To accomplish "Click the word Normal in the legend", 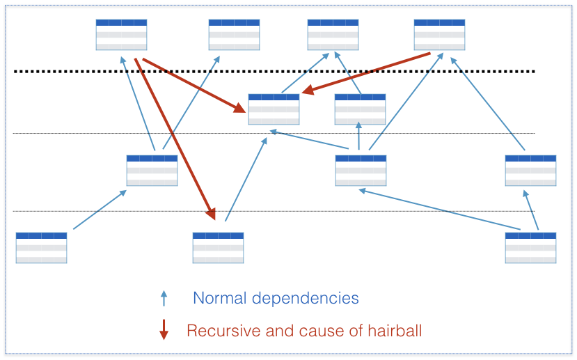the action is click(x=219, y=298).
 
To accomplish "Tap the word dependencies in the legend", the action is click(x=305, y=299).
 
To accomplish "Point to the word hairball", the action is click(x=395, y=331).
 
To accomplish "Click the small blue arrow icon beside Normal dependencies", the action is click(x=164, y=298).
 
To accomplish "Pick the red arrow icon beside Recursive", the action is click(x=164, y=329).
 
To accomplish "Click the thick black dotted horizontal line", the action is click(x=274, y=72).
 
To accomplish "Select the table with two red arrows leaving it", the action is click(x=121, y=35).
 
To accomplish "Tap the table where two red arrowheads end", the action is click(x=274, y=109).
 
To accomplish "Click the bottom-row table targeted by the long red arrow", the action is click(x=219, y=248).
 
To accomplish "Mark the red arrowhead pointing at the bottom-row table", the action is click(x=211, y=214).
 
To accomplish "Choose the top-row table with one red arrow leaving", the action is click(x=439, y=35).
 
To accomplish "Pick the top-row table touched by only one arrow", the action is click(x=234, y=35).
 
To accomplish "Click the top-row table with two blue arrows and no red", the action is click(x=333, y=35).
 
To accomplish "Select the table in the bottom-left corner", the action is click(x=41, y=248).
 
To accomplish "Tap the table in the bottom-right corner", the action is click(x=530, y=248).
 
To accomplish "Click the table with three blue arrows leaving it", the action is click(x=361, y=171).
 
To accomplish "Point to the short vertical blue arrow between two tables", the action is click(x=358, y=136).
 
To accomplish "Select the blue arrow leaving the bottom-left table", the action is click(x=100, y=210).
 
